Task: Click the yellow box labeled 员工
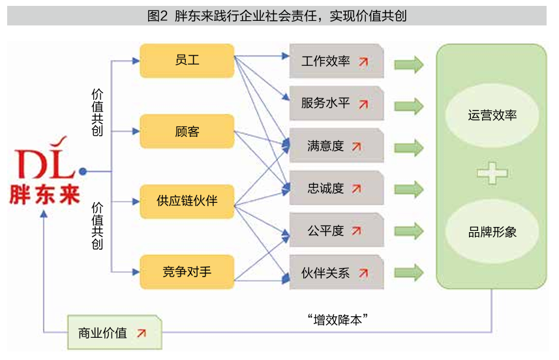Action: (187, 61)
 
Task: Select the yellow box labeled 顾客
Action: (187, 131)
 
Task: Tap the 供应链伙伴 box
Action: (187, 202)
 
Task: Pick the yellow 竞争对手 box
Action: (187, 272)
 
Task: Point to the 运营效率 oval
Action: (492, 115)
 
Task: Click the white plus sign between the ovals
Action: (492, 173)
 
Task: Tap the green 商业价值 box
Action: (115, 333)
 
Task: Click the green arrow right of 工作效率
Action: (409, 64)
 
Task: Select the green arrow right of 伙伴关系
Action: (409, 273)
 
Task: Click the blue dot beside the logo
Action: (83, 172)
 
